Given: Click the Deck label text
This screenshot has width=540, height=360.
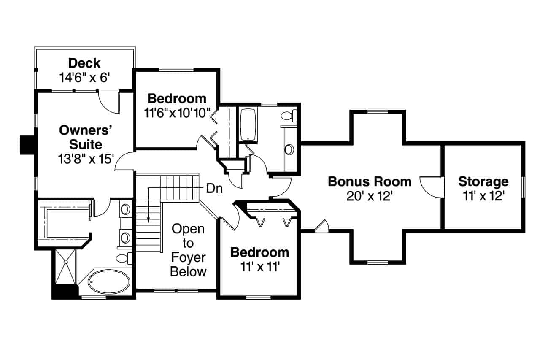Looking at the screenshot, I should tap(84, 63).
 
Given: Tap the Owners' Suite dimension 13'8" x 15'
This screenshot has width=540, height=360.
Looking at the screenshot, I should tap(86, 159).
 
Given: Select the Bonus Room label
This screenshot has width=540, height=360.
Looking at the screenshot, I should tap(370, 182).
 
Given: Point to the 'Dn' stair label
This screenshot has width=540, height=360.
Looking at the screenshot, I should tap(214, 189).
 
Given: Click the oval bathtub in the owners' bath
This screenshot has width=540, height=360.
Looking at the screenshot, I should tap(109, 282).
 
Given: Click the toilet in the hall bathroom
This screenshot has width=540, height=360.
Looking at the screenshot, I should tap(290, 115).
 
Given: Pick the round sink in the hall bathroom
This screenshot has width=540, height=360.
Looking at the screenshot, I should tap(289, 149).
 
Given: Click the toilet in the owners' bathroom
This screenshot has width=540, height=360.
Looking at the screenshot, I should tap(124, 258).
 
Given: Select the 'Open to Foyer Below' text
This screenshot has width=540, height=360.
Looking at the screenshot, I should tap(188, 250).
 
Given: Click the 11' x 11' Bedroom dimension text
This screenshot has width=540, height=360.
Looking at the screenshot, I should tap(259, 267).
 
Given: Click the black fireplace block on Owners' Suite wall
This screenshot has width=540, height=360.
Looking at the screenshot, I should tap(27, 145).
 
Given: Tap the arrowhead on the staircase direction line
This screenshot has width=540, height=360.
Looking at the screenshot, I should tap(148, 219).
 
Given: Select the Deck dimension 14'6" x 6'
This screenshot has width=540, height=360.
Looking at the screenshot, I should tap(84, 77).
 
